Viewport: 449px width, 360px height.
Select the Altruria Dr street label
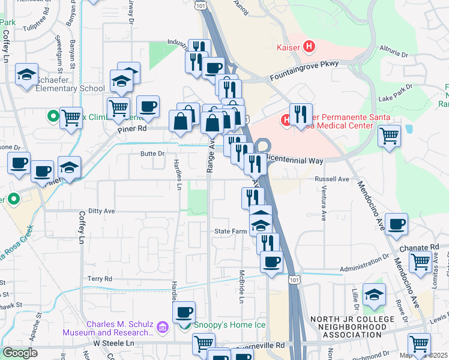pos(394,50)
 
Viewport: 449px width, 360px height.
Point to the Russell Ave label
pos(332,179)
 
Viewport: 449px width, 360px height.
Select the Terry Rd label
pos(100,279)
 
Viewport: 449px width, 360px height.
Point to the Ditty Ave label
pos(101,211)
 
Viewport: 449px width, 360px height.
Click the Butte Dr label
pos(152,154)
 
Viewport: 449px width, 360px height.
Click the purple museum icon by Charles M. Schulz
pos(161,328)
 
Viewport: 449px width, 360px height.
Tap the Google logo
pos(20,352)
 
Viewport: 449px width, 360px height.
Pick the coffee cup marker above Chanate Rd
pos(396,224)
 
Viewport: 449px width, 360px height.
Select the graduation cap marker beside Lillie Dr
pos(374,295)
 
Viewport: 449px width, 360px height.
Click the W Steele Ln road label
pos(114,344)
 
